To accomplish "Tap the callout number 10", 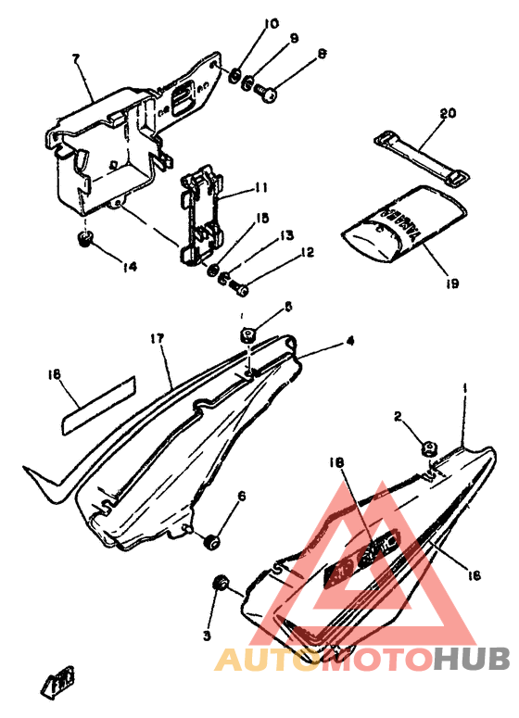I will (244, 22).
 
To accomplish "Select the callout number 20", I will (448, 113).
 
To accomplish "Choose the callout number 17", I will (158, 340).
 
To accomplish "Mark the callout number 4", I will (349, 341).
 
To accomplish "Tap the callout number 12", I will (308, 252).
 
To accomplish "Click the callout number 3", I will (208, 636).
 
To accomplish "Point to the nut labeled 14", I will (86, 240).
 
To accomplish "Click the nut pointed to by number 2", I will (428, 450).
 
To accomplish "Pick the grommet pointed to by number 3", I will (222, 584).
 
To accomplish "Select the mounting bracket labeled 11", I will (205, 215).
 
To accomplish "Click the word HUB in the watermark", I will (471, 659).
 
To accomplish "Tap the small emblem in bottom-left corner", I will (59, 685).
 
